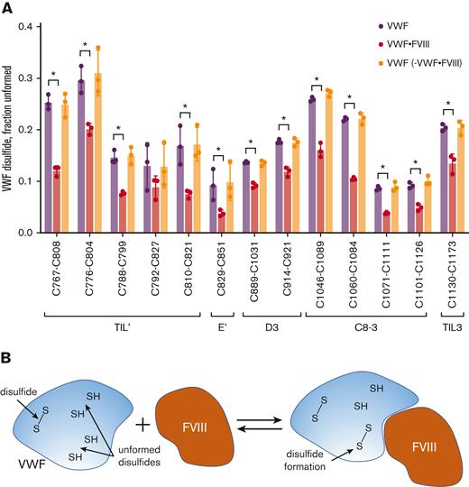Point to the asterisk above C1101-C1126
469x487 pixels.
tap(415, 164)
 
